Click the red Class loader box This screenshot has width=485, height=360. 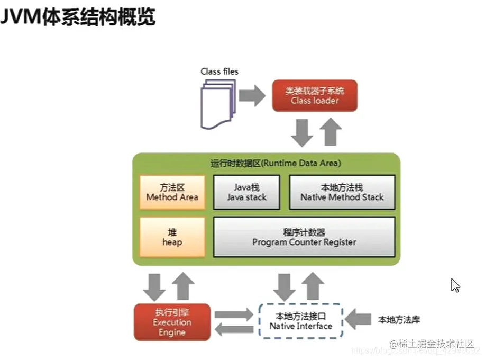(x=315, y=95)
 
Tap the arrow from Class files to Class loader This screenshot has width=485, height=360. (x=252, y=96)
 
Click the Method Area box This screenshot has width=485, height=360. (x=172, y=192)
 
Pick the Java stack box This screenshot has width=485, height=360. (x=247, y=192)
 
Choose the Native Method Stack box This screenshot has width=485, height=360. (x=342, y=192)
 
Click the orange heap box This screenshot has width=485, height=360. (x=172, y=237)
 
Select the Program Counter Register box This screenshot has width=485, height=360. (x=304, y=237)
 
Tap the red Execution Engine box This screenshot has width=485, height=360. (x=172, y=321)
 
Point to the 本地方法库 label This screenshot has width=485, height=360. (x=399, y=320)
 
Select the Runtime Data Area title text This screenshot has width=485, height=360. (x=276, y=163)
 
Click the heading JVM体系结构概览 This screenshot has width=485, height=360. (x=78, y=17)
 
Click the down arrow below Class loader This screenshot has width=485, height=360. (x=303, y=133)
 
